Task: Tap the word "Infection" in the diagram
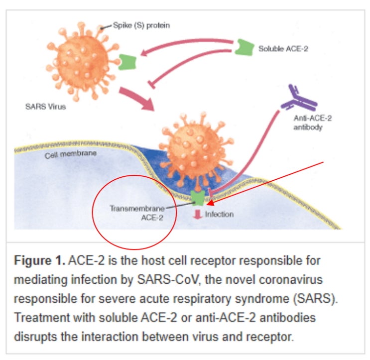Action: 219,215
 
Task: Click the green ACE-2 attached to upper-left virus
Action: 127,62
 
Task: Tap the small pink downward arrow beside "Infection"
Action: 197,214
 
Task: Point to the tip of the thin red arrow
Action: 208,204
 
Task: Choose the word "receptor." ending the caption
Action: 272,336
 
